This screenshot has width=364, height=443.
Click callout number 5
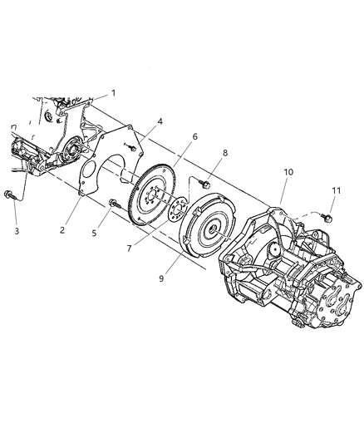(x=94, y=233)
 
